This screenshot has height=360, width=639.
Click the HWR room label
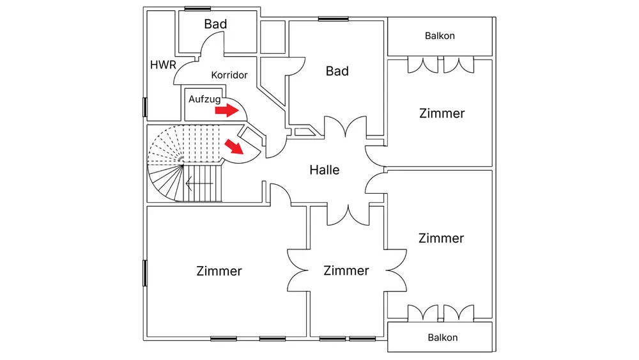click(x=163, y=65)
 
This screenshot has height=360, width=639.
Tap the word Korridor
click(x=229, y=75)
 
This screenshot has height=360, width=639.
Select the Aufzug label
click(x=204, y=99)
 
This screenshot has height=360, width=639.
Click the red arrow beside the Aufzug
click(x=226, y=111)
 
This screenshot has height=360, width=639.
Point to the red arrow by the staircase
click(x=235, y=148)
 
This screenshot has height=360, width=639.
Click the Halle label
click(x=325, y=170)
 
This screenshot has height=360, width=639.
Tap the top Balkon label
click(x=440, y=36)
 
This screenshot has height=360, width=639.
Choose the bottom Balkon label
click(x=442, y=337)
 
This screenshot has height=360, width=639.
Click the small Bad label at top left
click(x=216, y=24)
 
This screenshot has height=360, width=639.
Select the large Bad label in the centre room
click(x=337, y=71)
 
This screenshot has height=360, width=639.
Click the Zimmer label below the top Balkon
click(x=442, y=113)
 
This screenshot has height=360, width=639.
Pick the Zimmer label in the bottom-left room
click(x=219, y=271)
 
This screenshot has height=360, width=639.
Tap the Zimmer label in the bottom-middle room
click(x=346, y=270)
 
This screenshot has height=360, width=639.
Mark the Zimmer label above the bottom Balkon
click(x=441, y=238)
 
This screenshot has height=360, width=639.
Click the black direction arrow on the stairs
click(x=199, y=184)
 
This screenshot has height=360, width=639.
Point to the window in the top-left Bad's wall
click(x=197, y=8)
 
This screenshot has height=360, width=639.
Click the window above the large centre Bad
click(x=334, y=19)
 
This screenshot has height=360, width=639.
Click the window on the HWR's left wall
click(x=145, y=107)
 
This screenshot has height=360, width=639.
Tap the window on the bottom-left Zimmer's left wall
click(x=145, y=273)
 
